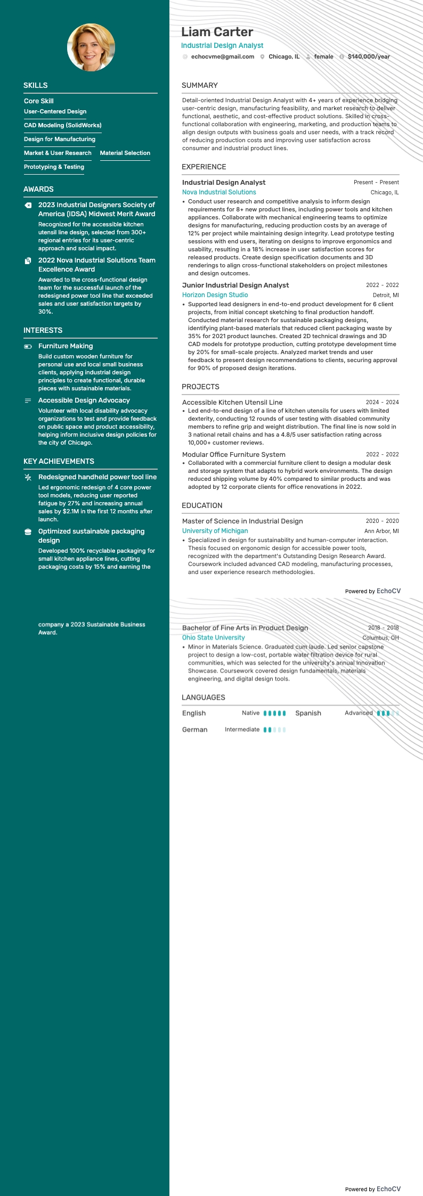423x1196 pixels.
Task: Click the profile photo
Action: (91, 47)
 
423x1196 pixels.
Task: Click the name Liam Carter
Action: (217, 32)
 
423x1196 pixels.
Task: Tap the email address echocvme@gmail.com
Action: (222, 56)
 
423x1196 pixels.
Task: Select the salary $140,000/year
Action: (369, 56)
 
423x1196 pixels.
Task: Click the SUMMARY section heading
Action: (199, 85)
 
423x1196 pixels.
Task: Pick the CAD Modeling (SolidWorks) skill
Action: (62, 125)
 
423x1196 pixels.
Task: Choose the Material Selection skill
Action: (125, 153)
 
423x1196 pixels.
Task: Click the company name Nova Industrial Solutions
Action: (219, 192)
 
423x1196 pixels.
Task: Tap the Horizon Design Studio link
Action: (215, 295)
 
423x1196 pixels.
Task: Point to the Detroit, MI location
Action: (386, 295)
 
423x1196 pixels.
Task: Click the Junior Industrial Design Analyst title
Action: (235, 285)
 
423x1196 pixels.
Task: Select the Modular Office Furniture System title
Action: (233, 455)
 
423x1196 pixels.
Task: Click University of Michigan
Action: (215, 531)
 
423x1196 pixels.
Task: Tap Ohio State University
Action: (213, 637)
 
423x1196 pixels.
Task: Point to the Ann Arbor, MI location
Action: (381, 531)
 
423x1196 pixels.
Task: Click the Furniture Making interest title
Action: (66, 346)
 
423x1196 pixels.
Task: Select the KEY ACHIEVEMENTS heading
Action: (59, 461)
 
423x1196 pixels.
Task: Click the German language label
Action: (194, 730)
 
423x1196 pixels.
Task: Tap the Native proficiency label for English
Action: (250, 713)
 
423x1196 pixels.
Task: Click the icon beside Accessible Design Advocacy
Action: (28, 400)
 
